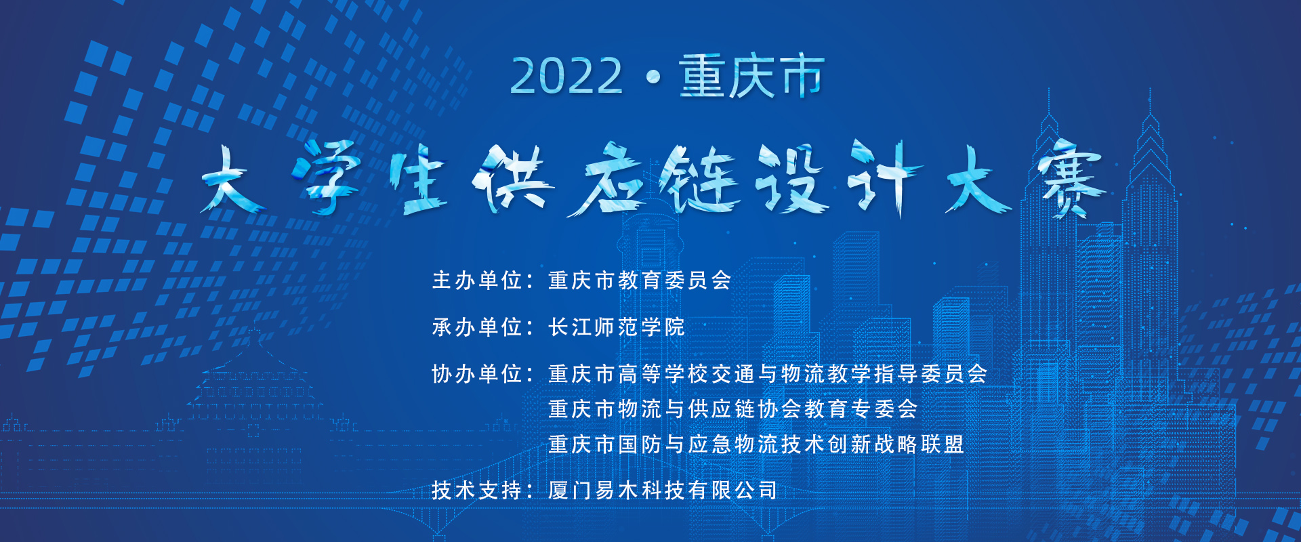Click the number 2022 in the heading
point(566,76)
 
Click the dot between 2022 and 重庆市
point(653,77)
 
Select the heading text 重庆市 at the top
point(751,76)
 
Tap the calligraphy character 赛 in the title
point(1069,179)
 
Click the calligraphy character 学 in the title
point(328,178)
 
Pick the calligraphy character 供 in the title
point(513,178)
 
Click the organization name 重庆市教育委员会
point(640,280)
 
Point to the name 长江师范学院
point(617,327)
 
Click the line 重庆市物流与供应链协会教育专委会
point(733,409)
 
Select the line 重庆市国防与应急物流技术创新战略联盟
point(756,444)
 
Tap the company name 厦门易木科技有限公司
point(663,491)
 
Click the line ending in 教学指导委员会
point(768,374)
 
